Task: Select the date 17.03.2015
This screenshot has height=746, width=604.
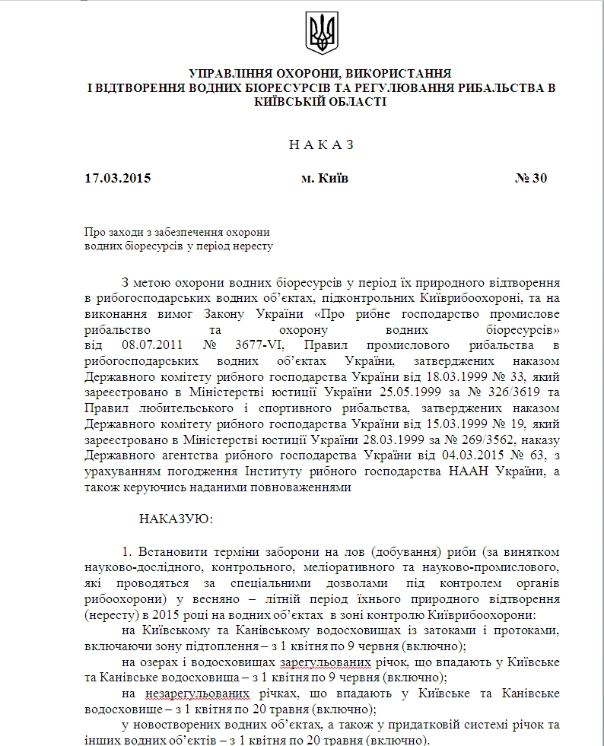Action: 118,179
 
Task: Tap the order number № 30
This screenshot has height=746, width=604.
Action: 530,179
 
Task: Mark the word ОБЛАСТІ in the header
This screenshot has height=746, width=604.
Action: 351,102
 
